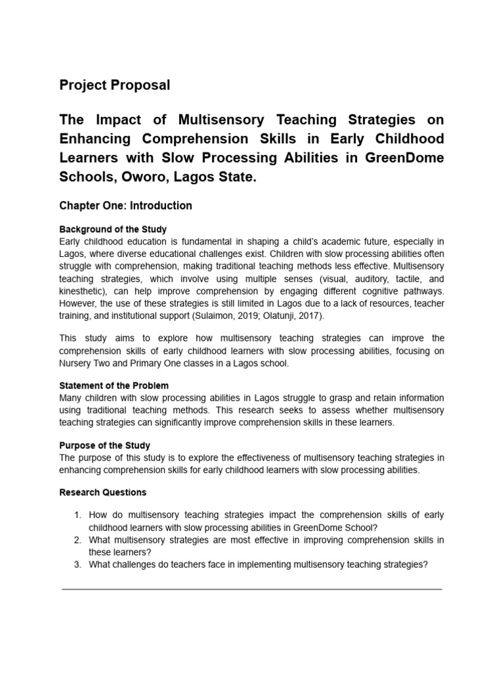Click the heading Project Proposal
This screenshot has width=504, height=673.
point(114,85)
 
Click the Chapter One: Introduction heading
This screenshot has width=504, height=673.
point(125,206)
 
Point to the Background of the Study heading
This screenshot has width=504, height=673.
point(113,229)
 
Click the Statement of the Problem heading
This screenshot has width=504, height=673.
point(114,385)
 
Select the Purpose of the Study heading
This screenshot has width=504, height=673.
point(104,445)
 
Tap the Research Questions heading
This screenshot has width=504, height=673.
point(103,492)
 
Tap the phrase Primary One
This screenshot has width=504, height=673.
point(157,363)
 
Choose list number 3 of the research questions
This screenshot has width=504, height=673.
point(77,564)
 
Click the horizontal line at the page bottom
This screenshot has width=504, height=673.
point(251,590)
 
